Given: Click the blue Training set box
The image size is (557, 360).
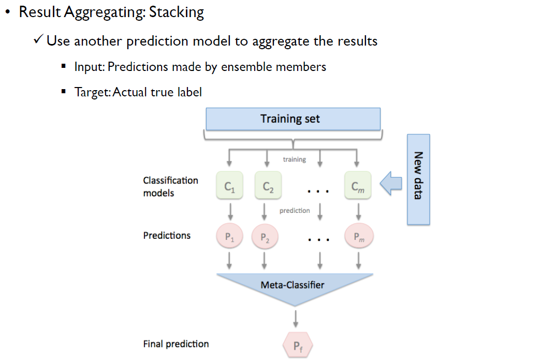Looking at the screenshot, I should point(293,119).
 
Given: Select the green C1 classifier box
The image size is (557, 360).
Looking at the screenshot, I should point(230,185).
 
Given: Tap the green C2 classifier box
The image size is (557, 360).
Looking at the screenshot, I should point(268,185).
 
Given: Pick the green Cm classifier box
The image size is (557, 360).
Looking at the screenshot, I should point(358,185).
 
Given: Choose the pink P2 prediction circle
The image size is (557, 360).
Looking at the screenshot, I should point(265,237).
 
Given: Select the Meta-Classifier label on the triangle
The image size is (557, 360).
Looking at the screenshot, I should point(292,284).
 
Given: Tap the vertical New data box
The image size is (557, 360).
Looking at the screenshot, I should point(418,179).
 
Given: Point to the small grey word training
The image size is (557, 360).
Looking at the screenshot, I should point(295,160).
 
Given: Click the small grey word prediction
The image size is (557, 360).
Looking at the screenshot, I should point(295,211).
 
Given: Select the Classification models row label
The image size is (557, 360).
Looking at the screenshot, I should point(171,186).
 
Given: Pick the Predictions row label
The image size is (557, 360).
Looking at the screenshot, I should point(167,235).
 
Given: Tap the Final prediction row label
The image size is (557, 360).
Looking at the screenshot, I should point(176,343).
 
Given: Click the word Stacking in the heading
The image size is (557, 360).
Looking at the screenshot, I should point(177,12).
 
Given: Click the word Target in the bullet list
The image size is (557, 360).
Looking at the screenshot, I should point(92,92).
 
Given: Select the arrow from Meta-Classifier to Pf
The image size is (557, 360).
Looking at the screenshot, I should point(296,318).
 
